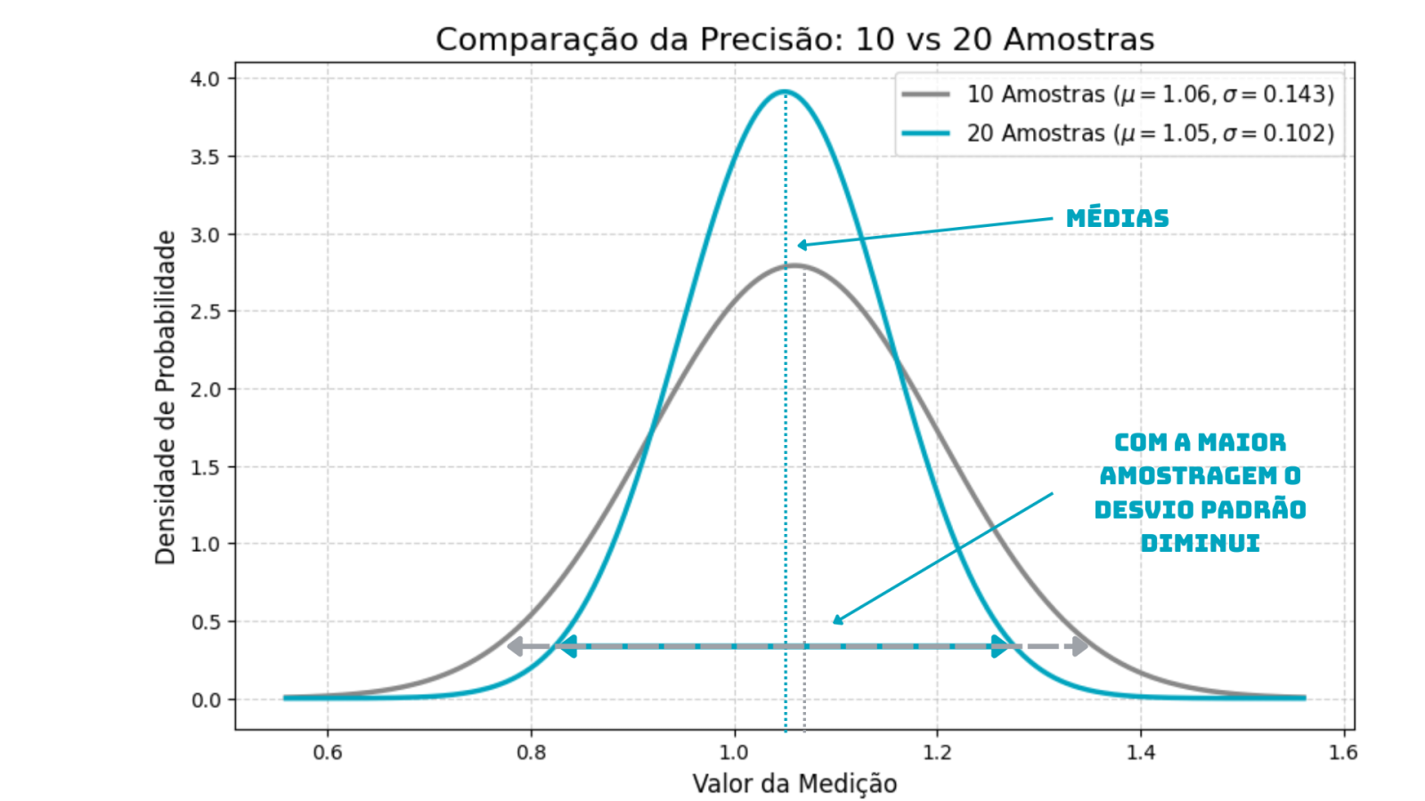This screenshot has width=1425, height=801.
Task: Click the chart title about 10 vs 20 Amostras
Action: [794, 40]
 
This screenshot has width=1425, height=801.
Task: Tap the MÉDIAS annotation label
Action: [1117, 218]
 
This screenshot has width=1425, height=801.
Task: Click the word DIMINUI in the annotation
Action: [1200, 543]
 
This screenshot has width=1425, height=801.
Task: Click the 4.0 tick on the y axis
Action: [205, 79]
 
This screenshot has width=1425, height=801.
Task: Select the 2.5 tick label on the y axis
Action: [205, 311]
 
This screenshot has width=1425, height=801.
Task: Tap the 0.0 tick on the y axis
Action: [205, 700]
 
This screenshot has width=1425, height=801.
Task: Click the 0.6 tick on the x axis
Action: [328, 752]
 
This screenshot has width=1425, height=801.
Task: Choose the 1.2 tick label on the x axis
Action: [937, 752]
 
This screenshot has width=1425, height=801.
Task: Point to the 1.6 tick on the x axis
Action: [1343, 752]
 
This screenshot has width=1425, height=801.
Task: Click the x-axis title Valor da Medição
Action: [794, 783]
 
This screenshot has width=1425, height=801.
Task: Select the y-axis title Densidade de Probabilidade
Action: [166, 397]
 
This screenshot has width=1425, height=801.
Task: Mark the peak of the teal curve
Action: [785, 92]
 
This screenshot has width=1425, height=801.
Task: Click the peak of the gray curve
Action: [794, 265]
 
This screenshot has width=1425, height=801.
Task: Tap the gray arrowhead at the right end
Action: [1081, 646]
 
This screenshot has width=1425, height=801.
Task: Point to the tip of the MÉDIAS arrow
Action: [799, 246]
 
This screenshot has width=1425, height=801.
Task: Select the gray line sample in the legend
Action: [925, 94]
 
